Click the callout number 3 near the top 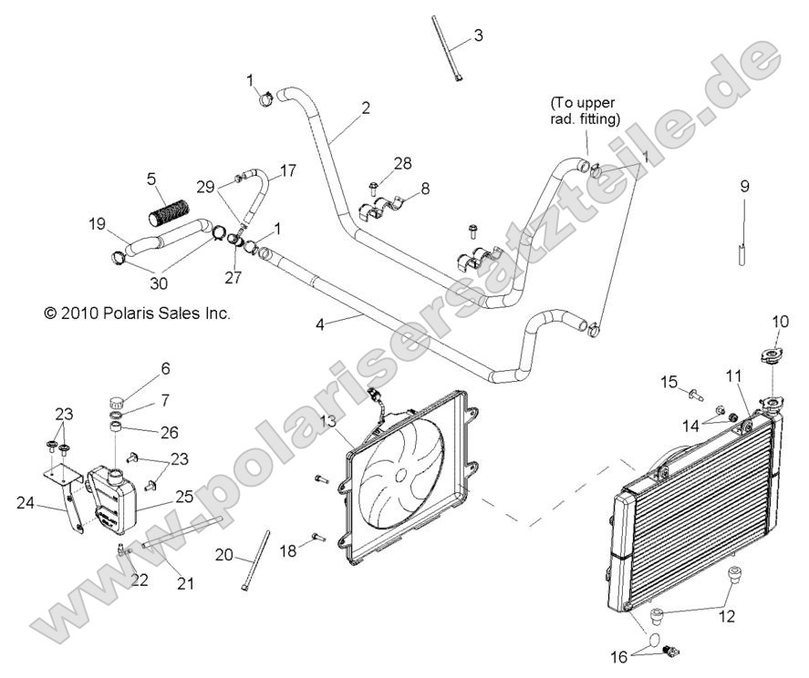click(478, 36)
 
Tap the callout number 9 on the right click(744, 187)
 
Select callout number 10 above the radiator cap click(781, 322)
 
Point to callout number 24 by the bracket click(26, 501)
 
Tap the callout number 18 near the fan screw click(288, 550)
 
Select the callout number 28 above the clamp click(402, 163)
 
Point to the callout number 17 click(287, 170)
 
